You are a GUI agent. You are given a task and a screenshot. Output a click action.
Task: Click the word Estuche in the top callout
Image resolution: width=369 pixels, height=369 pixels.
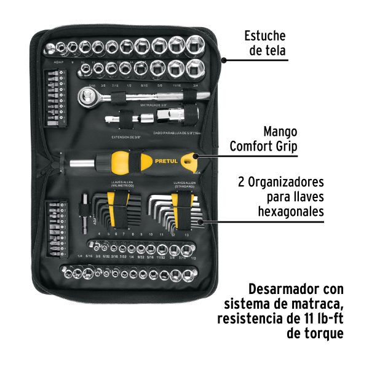pos(264,36)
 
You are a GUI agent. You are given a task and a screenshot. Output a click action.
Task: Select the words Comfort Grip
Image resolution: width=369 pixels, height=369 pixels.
pos(263,146)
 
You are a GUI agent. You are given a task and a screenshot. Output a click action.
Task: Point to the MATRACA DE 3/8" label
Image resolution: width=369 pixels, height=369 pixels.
pos(157,105)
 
